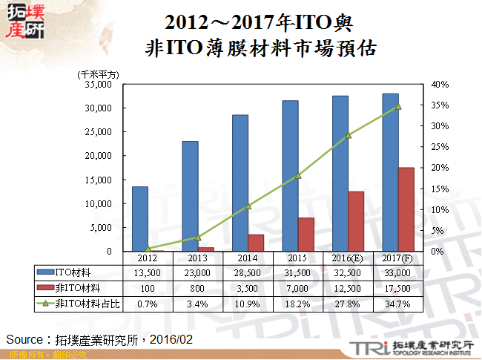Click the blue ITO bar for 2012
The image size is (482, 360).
click(x=139, y=219)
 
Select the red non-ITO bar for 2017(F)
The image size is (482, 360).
click(x=406, y=209)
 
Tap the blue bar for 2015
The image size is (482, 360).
click(x=290, y=176)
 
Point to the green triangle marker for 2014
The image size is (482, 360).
click(x=248, y=206)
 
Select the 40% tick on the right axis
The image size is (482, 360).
click(x=440, y=85)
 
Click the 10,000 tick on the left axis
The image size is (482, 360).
click(x=99, y=203)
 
